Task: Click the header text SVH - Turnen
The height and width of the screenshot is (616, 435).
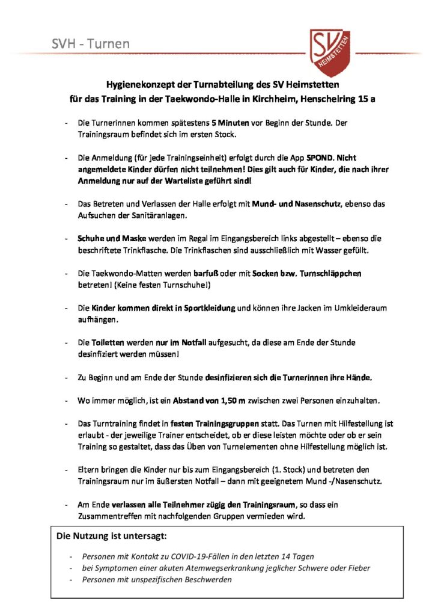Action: point(90,44)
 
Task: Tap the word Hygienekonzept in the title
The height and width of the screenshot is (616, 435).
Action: point(136,85)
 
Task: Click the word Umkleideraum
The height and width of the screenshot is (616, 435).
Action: point(359,308)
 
